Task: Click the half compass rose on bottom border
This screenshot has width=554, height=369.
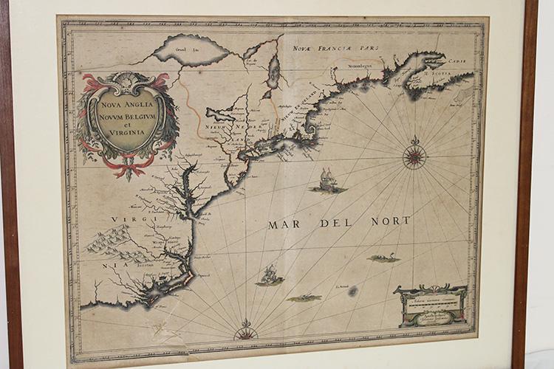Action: [244, 333]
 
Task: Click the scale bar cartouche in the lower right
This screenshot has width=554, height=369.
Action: [431, 304]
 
